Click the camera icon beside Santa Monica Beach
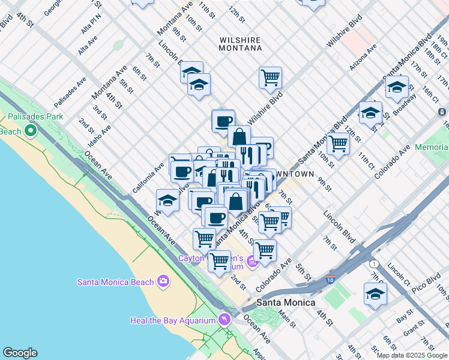pyautogui.click(x=163, y=281)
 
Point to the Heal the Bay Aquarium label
pyautogui.click(x=172, y=320)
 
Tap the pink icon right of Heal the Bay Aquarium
pyautogui.click(x=224, y=319)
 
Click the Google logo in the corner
pyautogui.click(x=20, y=353)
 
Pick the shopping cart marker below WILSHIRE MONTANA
pyautogui.click(x=270, y=77)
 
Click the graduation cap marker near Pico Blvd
pyautogui.click(x=375, y=294)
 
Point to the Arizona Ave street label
pyautogui.click(x=363, y=56)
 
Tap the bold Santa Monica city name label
pyautogui.click(x=286, y=302)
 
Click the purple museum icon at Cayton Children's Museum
pyautogui.click(x=253, y=262)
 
